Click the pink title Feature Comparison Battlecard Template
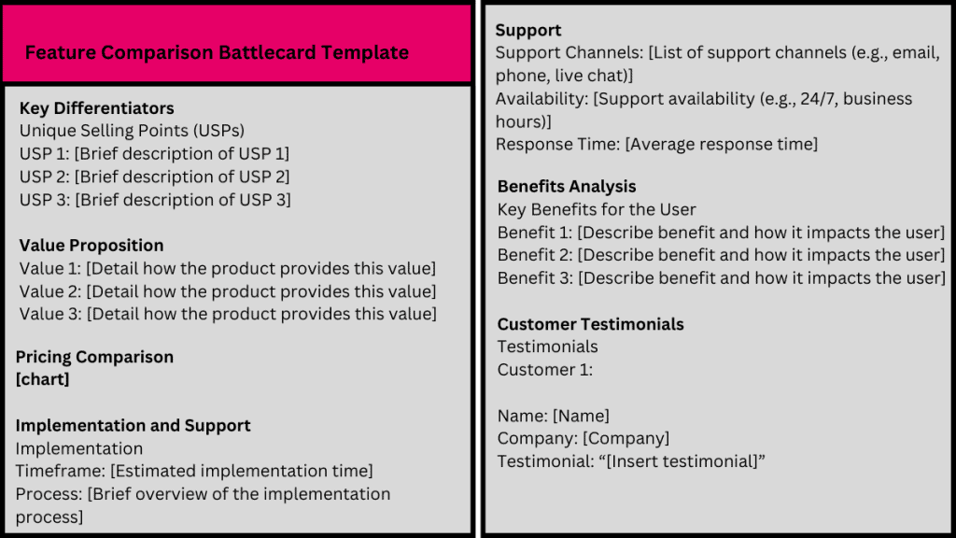point(217,52)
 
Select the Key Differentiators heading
point(96,108)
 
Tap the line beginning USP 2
point(154,177)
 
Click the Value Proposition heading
point(91,246)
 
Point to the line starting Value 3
point(227,314)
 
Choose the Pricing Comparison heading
point(94,357)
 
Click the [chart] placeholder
point(42,379)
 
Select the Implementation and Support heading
point(133,425)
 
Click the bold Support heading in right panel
point(528,31)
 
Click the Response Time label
point(556,144)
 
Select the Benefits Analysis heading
point(567,186)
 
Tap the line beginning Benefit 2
point(721,255)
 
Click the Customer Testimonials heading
point(590,324)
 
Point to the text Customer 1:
point(545,370)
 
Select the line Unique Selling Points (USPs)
point(132,131)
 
